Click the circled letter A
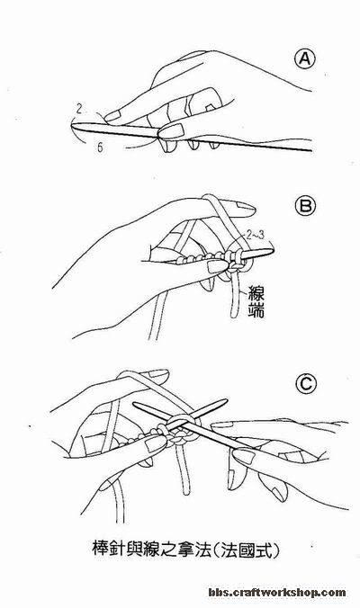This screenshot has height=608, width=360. pos(304,59)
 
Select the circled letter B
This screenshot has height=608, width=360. pos(305,206)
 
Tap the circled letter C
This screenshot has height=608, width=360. pos(306,384)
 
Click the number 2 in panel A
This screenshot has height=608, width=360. pos(79,109)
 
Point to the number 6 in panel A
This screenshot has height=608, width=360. pos(100,148)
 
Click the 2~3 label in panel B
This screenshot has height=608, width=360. pos(256,235)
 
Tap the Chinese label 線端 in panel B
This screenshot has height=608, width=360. pos(256,301)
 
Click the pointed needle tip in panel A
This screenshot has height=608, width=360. pos(72,125)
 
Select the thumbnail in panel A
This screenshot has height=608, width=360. pos(170,130)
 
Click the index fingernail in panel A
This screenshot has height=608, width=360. pos(112,115)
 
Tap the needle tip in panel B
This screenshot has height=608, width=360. pos(273,247)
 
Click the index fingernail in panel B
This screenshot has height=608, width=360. pos(245,210)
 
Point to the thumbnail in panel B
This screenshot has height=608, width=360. pos(216,266)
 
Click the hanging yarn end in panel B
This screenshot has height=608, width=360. pos(235,299)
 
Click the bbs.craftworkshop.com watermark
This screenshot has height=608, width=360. pos(276,592)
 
